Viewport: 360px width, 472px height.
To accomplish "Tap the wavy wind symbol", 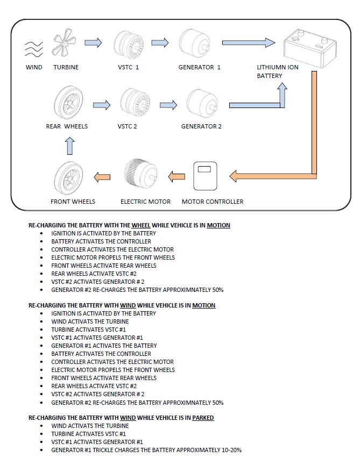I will [34, 48].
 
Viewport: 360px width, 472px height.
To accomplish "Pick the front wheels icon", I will [72, 177].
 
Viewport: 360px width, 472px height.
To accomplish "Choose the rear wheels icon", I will [68, 103].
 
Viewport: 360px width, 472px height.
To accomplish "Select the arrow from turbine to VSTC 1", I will [93, 43].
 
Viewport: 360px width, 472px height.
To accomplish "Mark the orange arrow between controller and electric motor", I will [177, 175].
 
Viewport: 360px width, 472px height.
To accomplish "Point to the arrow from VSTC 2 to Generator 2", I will [168, 104].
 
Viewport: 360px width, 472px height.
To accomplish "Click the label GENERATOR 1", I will [200, 67].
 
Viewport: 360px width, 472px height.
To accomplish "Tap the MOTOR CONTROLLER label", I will [213, 202].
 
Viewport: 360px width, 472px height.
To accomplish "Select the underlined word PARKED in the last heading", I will [203, 418].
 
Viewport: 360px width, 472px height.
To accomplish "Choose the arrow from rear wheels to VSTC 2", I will [101, 104].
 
